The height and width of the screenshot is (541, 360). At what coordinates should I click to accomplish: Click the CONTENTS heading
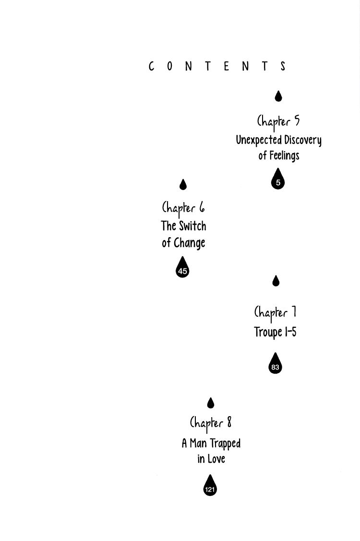tap(217, 66)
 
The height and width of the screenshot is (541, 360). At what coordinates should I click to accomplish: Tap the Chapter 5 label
tap(278, 121)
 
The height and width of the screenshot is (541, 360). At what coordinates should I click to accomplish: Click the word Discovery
tap(302, 140)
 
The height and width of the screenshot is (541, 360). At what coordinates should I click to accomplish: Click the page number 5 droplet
tap(278, 180)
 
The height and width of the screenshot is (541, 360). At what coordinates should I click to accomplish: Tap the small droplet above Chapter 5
tap(278, 96)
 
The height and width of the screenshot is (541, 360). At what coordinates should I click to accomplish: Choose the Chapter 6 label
tap(183, 208)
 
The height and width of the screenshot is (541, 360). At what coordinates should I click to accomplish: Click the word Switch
tap(193, 226)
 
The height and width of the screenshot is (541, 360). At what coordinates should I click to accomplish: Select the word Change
tap(190, 243)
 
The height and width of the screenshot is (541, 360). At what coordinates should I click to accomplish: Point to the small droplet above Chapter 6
tap(183, 184)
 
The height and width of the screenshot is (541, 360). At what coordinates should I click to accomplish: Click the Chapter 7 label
tap(275, 313)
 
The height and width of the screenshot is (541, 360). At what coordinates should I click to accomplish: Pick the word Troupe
tap(268, 333)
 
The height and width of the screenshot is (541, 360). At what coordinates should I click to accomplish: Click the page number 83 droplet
tap(275, 365)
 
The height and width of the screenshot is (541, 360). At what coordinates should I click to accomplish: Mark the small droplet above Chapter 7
tap(276, 281)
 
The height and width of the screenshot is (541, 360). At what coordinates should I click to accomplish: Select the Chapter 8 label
tap(211, 423)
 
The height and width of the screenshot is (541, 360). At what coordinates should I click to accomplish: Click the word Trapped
tap(225, 444)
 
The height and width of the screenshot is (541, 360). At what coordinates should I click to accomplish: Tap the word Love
tap(216, 459)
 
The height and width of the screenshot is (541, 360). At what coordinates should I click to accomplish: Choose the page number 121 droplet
tap(210, 487)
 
